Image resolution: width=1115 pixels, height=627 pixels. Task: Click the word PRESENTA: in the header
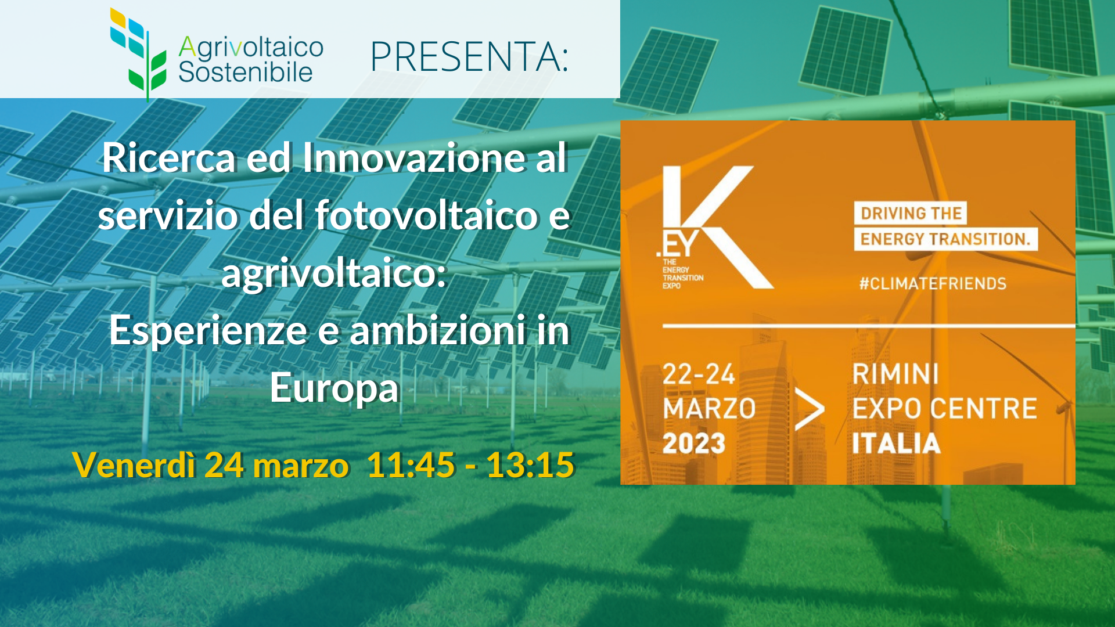tap(469, 57)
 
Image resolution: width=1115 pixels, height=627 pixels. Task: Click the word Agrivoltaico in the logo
tap(251, 48)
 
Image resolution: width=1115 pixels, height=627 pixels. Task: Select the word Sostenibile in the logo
tap(245, 73)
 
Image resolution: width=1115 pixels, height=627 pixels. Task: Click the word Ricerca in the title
tap(169, 157)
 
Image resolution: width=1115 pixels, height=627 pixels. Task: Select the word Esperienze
tap(208, 331)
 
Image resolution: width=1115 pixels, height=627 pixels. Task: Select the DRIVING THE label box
tap(911, 213)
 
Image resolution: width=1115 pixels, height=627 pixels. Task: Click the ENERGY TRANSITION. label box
tap(945, 239)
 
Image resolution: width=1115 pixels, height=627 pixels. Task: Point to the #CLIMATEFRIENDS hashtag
tap(933, 284)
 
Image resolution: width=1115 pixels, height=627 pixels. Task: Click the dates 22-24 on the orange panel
tap(699, 374)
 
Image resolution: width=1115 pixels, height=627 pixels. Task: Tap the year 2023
tap(694, 444)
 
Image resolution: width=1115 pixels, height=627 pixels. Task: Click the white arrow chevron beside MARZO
tap(809, 409)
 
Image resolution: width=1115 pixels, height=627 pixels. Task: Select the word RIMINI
tap(895, 374)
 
